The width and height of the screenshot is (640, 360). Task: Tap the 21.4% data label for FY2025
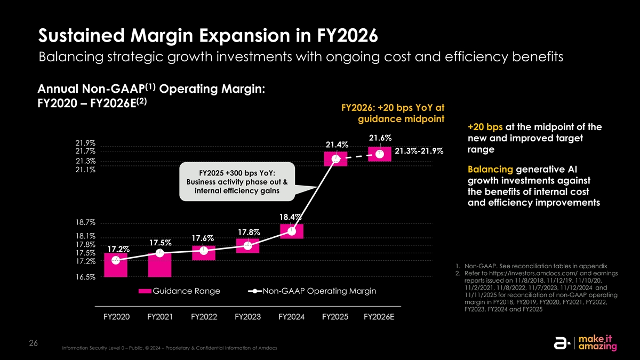pos(337,145)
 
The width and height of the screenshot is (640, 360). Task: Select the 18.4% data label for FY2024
pos(291,217)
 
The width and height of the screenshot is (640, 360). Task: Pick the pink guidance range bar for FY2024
pos(291,231)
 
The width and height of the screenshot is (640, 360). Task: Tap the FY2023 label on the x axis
pos(247,317)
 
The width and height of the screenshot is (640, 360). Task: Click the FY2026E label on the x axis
pos(379,317)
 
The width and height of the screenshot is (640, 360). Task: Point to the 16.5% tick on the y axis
pos(85,277)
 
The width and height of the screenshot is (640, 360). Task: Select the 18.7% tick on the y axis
pos(85,222)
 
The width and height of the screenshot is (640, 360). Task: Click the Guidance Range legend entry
pos(179,291)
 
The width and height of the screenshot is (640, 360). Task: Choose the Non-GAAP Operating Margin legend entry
pos(312,291)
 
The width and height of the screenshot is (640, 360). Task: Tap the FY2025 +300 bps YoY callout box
pos(236,182)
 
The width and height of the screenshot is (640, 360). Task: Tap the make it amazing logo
pos(587,342)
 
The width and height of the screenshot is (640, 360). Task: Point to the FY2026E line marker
pos(379,154)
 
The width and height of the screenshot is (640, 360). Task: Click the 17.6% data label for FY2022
pos(203,237)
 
